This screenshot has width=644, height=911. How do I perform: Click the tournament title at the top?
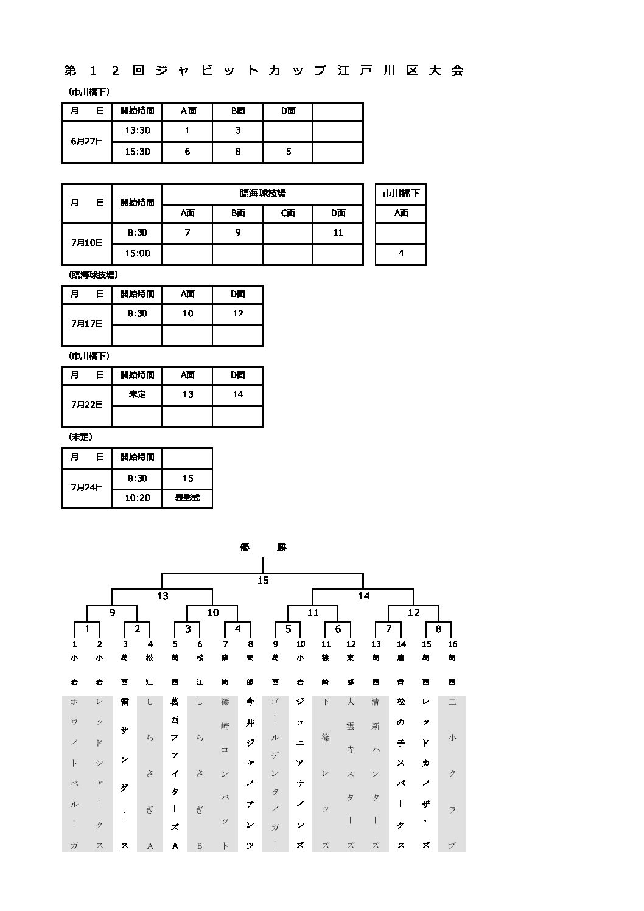[x=264, y=71]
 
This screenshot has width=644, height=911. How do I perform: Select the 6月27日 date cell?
[x=87, y=141]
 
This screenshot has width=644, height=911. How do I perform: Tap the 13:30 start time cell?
[x=137, y=131]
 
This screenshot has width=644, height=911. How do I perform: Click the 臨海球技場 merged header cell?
[x=262, y=194]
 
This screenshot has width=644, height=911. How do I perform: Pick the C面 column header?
[x=288, y=213]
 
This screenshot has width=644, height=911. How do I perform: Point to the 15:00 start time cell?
[x=137, y=253]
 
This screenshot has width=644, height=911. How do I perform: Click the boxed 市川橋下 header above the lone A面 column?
[x=401, y=194]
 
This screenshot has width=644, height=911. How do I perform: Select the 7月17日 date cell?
[x=87, y=324]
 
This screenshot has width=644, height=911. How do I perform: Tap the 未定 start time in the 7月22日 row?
[x=137, y=394]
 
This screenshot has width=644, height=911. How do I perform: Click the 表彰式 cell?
[x=187, y=498]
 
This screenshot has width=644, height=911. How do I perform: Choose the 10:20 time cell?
[x=137, y=498]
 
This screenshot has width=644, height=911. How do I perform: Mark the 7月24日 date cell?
[x=87, y=487]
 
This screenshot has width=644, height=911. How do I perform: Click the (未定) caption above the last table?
[x=80, y=437]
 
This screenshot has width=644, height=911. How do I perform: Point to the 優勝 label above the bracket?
[x=263, y=547]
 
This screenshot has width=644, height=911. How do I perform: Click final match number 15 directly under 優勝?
[x=263, y=581]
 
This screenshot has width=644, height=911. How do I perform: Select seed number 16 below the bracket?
[x=452, y=644]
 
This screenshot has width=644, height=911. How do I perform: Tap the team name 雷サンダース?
[x=124, y=773]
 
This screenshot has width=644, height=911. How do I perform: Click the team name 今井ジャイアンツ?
[x=250, y=773]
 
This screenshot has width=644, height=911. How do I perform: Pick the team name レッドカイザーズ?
[x=426, y=773]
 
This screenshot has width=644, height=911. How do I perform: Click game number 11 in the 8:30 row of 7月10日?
[x=338, y=232]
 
